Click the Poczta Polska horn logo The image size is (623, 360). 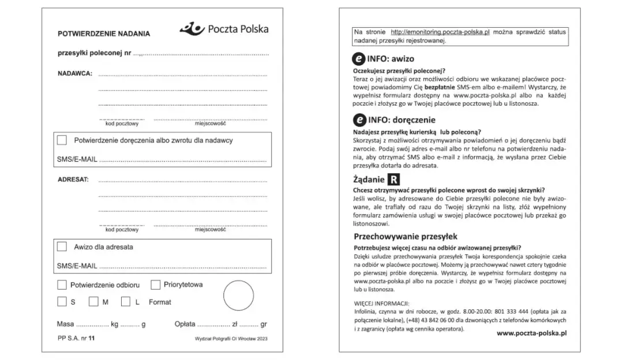click(192, 28)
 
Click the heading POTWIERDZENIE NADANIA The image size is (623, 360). click(104, 33)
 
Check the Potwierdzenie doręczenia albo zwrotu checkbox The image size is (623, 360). click(62, 140)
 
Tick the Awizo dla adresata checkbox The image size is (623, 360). click(62, 246)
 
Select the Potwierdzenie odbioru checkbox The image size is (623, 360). click(62, 285)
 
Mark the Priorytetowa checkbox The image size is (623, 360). click(155, 285)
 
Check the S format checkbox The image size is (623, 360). click(62, 302)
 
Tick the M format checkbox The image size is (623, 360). click(93, 302)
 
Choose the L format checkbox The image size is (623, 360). click(125, 302)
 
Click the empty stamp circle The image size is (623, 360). click(238, 295)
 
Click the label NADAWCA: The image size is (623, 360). click(74, 73)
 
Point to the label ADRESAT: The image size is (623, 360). click(73, 179)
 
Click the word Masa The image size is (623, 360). click(65, 324)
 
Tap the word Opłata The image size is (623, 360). click(185, 324)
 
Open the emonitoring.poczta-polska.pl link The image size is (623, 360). click(440, 32)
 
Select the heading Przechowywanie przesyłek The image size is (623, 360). click(405, 237)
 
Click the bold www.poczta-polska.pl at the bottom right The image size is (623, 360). click(531, 333)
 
